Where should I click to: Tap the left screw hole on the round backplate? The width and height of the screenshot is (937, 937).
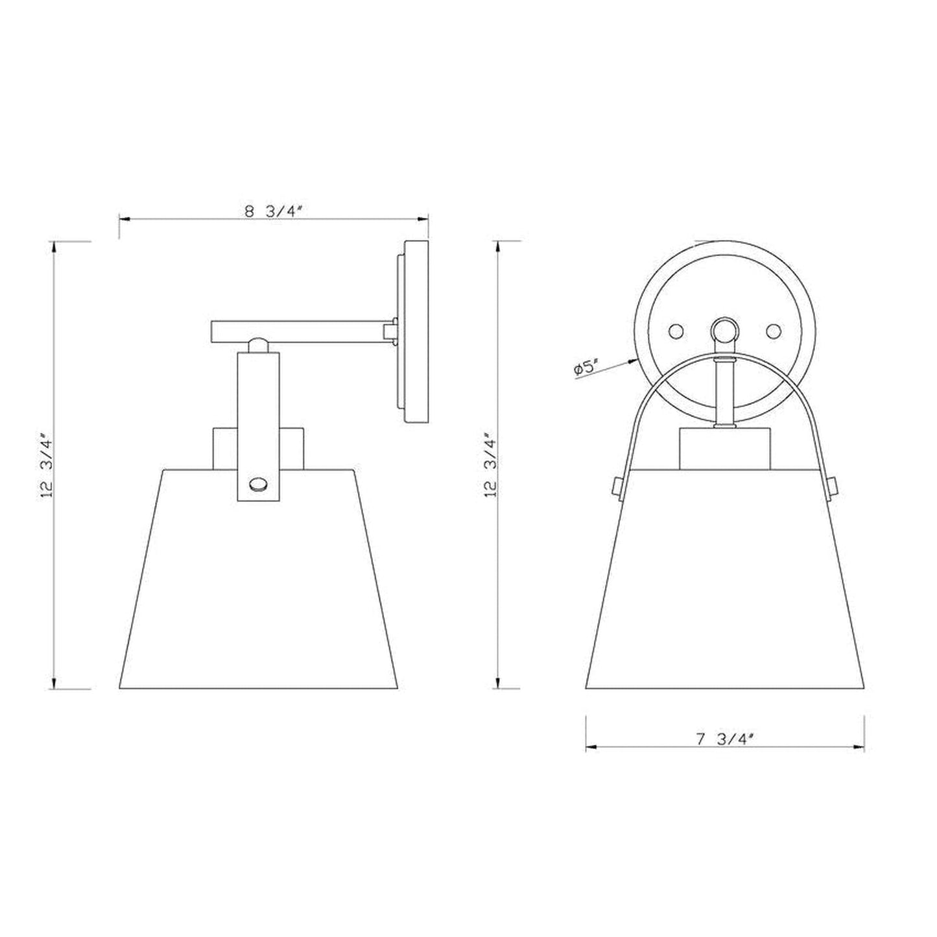(676, 331)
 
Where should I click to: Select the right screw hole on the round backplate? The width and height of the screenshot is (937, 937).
(772, 331)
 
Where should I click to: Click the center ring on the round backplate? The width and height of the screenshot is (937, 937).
(723, 331)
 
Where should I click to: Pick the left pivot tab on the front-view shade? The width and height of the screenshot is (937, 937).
(614, 484)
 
